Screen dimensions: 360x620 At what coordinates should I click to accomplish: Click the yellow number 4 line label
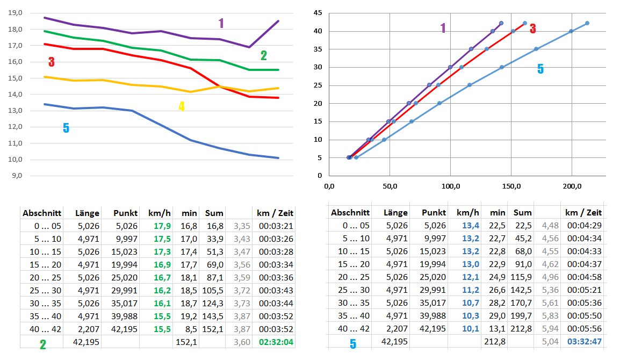coord(182,106)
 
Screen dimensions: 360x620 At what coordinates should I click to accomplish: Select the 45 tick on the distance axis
coord(318,13)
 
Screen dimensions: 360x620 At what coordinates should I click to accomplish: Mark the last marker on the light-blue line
coord(587,23)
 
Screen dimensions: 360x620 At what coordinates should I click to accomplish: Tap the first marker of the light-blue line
coord(356,157)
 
